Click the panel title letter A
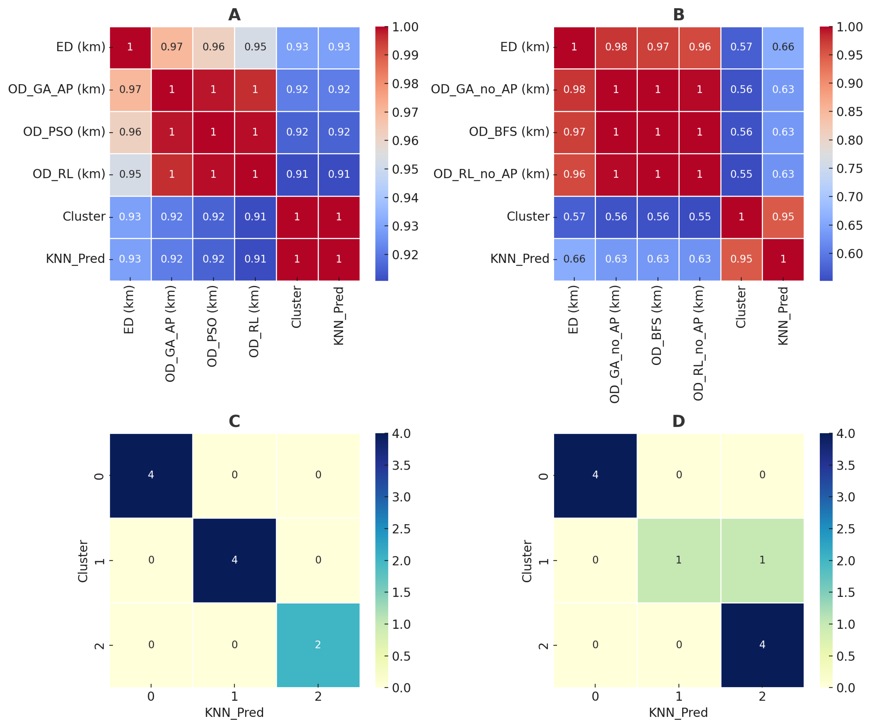pos(234,15)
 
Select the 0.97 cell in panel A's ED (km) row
pos(172,47)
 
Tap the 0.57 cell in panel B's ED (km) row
pos(741,47)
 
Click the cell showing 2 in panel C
pos(318,644)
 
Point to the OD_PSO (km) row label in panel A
pos(64,132)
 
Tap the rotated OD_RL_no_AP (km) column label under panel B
pos(698,343)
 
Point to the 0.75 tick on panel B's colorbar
pos(849,168)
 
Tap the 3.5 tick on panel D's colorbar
pos(845,465)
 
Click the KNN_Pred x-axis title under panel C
pos(234,712)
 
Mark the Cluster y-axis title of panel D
pos(527,561)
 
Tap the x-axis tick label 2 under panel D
pos(762,696)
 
